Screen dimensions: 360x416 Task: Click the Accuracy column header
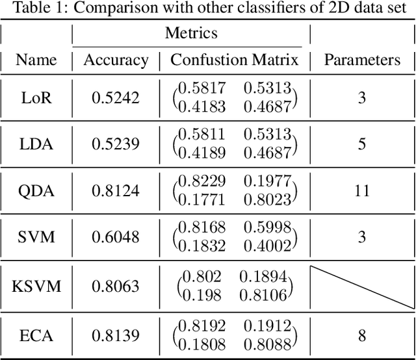point(116,60)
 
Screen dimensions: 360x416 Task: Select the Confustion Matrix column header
point(234,60)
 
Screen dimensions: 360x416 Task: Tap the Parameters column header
point(362,60)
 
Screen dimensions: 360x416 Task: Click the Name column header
point(36,60)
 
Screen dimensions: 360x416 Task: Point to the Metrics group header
point(191,32)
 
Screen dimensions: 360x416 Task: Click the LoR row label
point(36,97)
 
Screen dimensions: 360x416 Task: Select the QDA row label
point(36,190)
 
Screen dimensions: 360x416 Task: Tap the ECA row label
point(36,335)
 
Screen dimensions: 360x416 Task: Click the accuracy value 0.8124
point(116,190)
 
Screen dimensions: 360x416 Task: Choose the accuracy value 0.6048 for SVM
point(116,237)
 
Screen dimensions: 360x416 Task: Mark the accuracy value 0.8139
point(116,335)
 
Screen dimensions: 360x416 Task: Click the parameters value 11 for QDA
point(362,190)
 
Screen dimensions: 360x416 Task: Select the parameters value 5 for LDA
point(362,144)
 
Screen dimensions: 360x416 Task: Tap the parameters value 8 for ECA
point(362,335)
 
